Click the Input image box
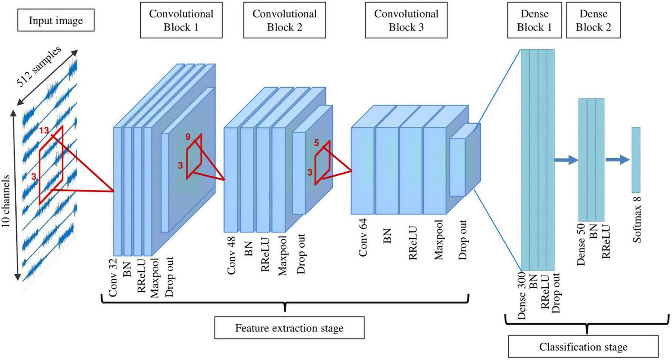[x=56, y=20]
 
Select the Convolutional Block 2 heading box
[x=284, y=20]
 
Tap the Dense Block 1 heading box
[x=534, y=20]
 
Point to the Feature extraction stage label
[x=289, y=328]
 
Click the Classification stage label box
[x=583, y=346]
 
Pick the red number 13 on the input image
[x=44, y=130]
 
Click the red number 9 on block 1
[x=188, y=137]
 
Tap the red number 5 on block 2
[x=317, y=143]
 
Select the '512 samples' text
[x=39, y=66]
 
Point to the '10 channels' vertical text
[x=6, y=201]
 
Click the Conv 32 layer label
[x=113, y=277]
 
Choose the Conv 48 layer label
[x=231, y=255]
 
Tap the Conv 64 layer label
[x=363, y=238]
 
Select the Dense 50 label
[x=581, y=245]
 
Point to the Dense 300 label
[x=522, y=296]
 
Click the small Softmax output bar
[x=636, y=160]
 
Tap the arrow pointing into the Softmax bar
[x=617, y=160]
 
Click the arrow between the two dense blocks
[x=566, y=160]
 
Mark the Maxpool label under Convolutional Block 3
[x=439, y=240]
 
